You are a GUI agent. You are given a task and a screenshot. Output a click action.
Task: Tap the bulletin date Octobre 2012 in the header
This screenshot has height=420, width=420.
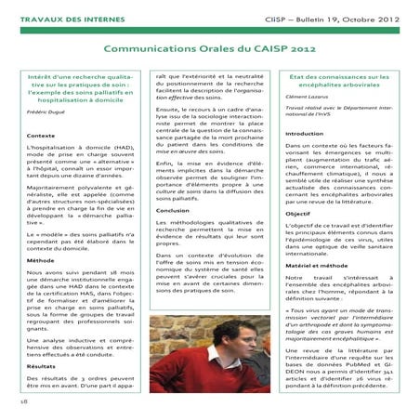pyautogui.click(x=376, y=16)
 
